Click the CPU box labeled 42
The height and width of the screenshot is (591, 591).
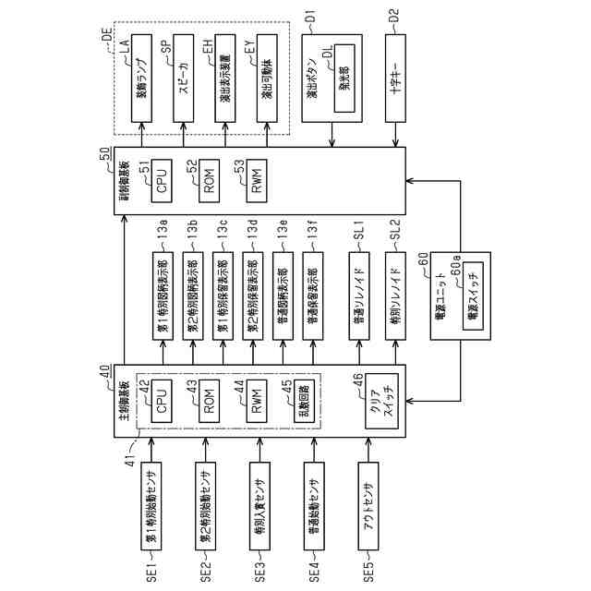pyautogui.click(x=162, y=405)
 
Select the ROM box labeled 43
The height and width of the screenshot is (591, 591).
pyautogui.click(x=210, y=405)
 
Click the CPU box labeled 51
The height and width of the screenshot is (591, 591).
pyautogui.click(x=163, y=179)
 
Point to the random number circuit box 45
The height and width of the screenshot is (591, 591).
pyautogui.click(x=301, y=405)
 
